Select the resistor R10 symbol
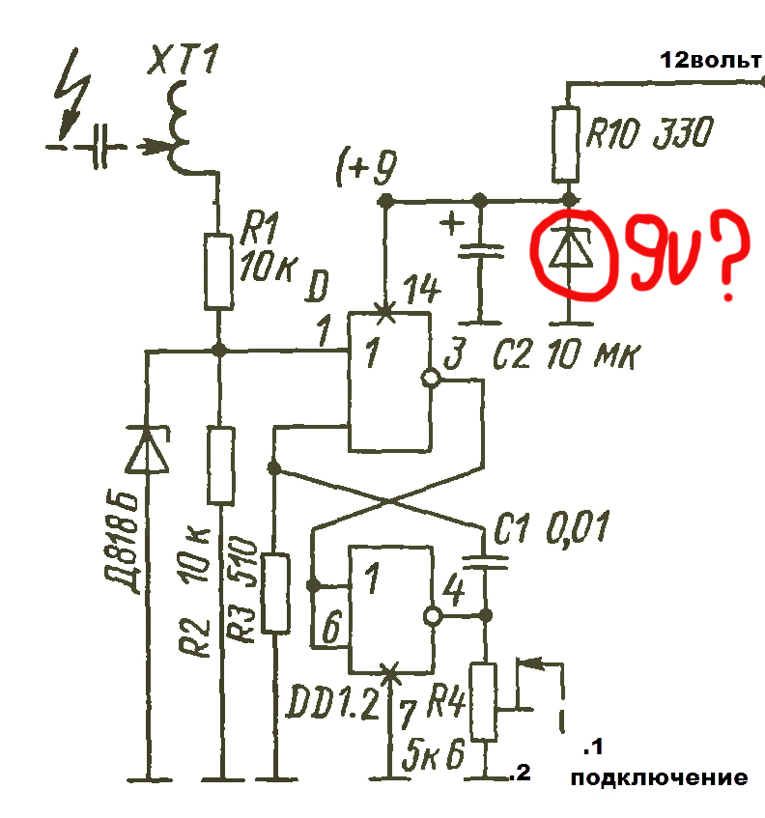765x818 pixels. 566,144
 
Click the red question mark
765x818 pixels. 730,257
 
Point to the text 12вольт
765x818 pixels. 711,61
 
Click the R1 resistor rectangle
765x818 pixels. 218,271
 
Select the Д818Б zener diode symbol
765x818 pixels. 148,449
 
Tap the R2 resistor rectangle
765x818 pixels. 221,465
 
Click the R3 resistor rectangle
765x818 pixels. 275,593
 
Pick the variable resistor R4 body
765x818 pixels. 484,701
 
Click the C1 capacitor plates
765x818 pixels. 485,562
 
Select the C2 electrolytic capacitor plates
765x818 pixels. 481,251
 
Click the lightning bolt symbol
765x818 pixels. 73,94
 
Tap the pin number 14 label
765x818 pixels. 422,290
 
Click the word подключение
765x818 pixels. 659,778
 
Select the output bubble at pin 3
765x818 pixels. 431,379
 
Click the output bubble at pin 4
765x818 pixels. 433,616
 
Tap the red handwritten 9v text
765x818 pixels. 663,252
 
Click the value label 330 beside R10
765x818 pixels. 683,133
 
